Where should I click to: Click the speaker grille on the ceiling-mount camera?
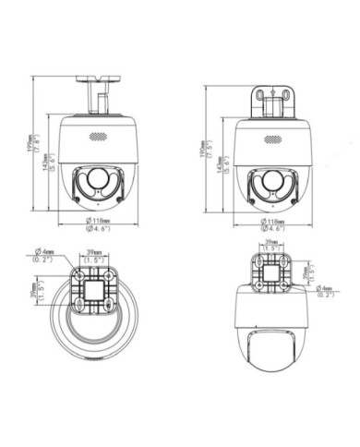[x=97, y=136]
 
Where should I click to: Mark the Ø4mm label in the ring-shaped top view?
[x=42, y=256]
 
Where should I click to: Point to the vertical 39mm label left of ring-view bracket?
[x=35, y=291]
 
